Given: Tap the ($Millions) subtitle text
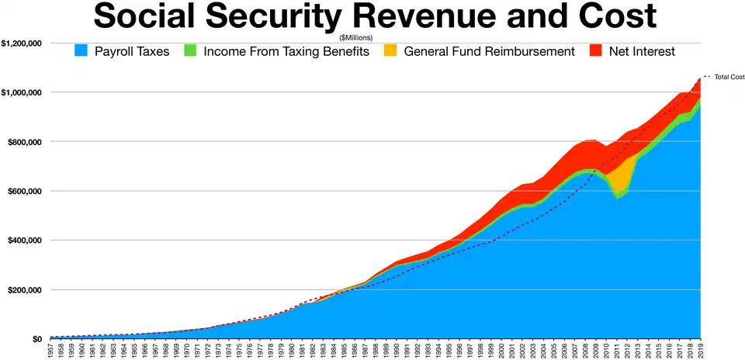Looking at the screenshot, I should point(356,37).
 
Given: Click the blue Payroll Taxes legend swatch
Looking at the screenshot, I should point(81,51).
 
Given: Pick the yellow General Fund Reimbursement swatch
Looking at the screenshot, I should point(390,51).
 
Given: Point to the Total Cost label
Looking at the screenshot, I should point(729,78).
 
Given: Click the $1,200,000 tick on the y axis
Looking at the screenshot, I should point(22,43).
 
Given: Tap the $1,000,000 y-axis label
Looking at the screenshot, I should point(22,92).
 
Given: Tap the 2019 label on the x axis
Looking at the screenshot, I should point(700,350).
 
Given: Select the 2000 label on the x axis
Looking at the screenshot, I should point(501,350).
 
